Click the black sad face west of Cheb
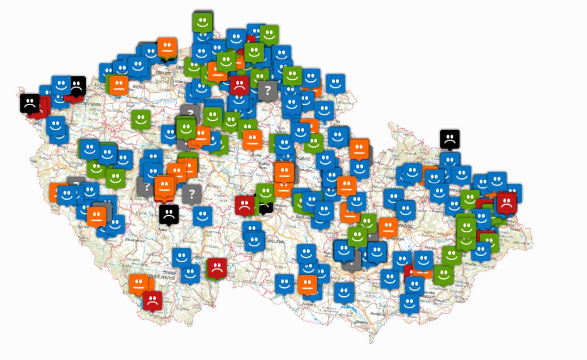(x=30, y=103)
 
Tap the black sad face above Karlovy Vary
(x=76, y=85)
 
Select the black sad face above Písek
(x=169, y=214)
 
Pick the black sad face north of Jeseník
(x=449, y=139)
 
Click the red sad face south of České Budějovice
(x=153, y=300)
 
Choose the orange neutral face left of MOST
(x=119, y=85)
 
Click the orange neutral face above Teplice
(x=167, y=47)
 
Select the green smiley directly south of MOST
(x=140, y=119)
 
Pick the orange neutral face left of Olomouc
(x=388, y=227)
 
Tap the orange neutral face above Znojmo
(x=307, y=284)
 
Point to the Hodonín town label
(x=378, y=313)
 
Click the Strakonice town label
(x=134, y=240)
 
